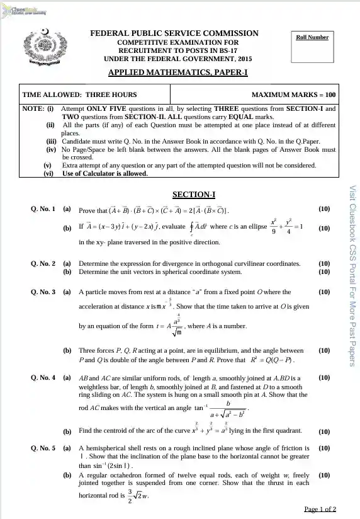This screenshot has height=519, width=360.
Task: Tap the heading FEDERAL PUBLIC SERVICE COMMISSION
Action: click(174, 33)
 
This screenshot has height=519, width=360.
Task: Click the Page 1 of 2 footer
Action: click(320, 509)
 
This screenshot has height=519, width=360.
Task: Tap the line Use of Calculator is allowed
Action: click(105, 174)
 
